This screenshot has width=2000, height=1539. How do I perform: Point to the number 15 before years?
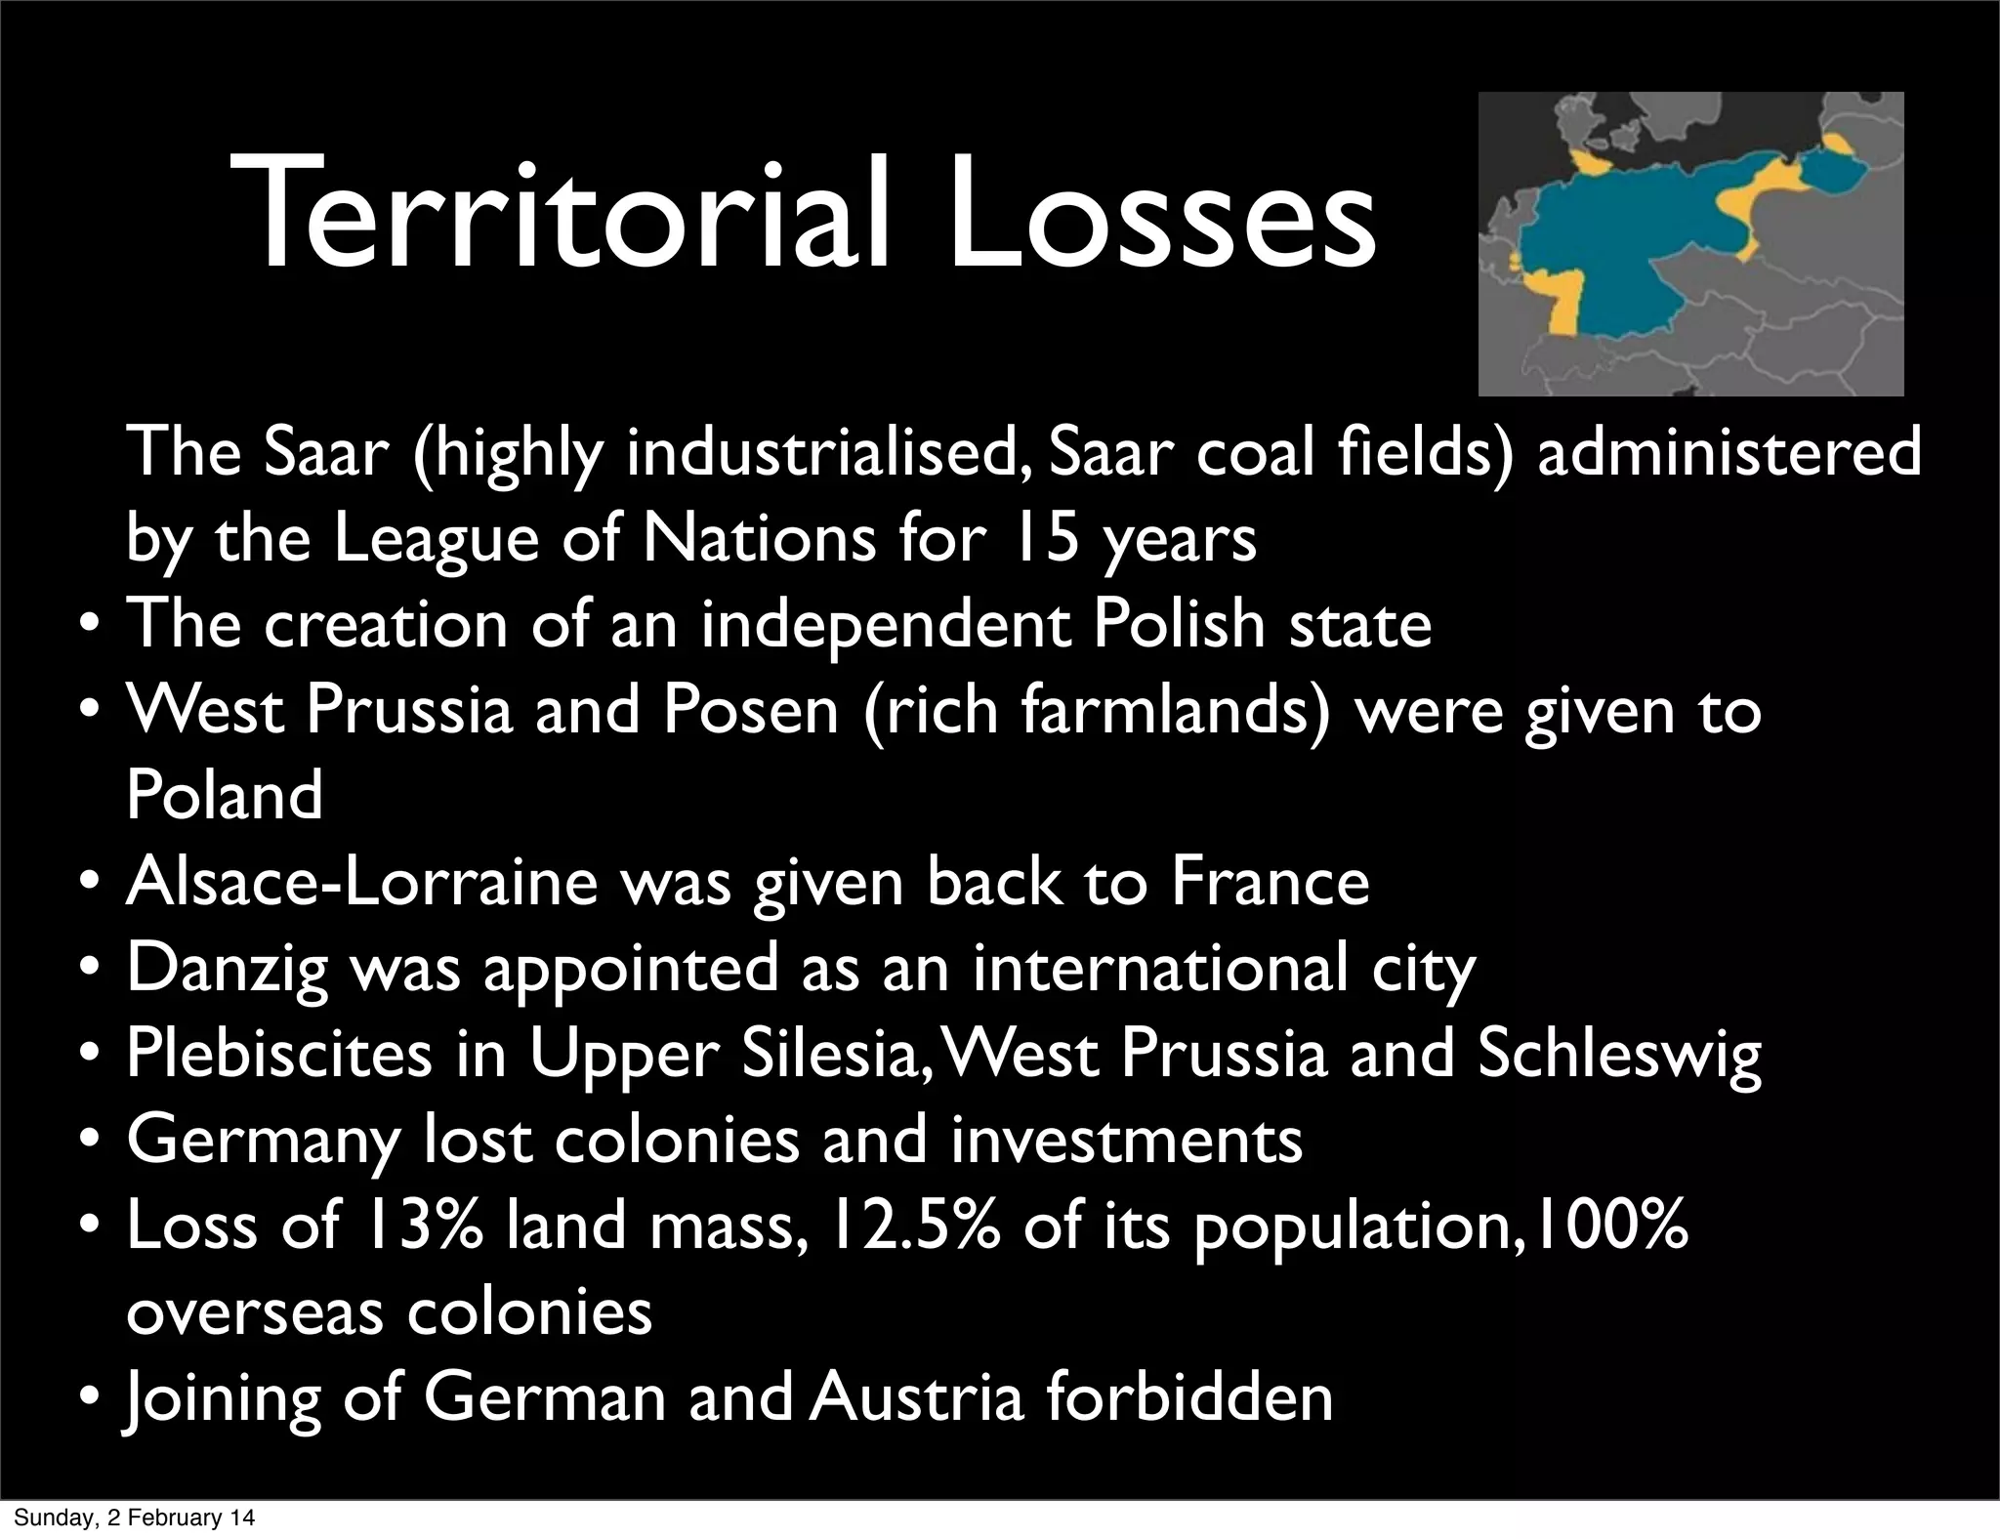(x=1046, y=538)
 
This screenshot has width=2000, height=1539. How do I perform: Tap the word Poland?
(x=224, y=795)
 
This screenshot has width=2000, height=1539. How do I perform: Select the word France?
(x=1270, y=881)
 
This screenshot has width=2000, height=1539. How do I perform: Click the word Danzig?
(x=228, y=968)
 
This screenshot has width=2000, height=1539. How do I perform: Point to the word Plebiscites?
(x=278, y=1054)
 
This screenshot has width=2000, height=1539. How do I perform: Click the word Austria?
(x=916, y=1397)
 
